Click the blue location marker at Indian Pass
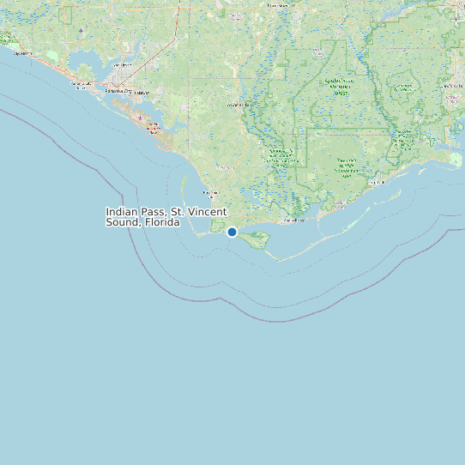point(232,232)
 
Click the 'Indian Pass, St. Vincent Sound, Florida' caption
point(166,216)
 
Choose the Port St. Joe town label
point(212,192)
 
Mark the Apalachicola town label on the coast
point(294,220)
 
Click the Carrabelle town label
point(375,183)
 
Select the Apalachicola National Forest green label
point(342,86)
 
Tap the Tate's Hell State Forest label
point(347,166)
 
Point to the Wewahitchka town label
point(237,105)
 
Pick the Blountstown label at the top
point(277,5)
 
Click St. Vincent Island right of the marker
point(255,241)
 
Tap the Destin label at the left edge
point(23,53)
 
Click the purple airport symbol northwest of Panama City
point(81,30)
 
